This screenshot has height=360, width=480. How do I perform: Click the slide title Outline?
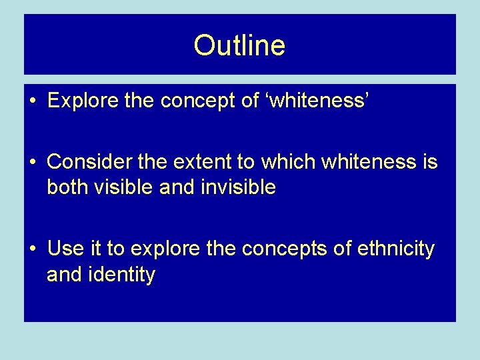coord(239,46)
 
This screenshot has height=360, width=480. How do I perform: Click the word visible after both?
coord(122,187)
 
